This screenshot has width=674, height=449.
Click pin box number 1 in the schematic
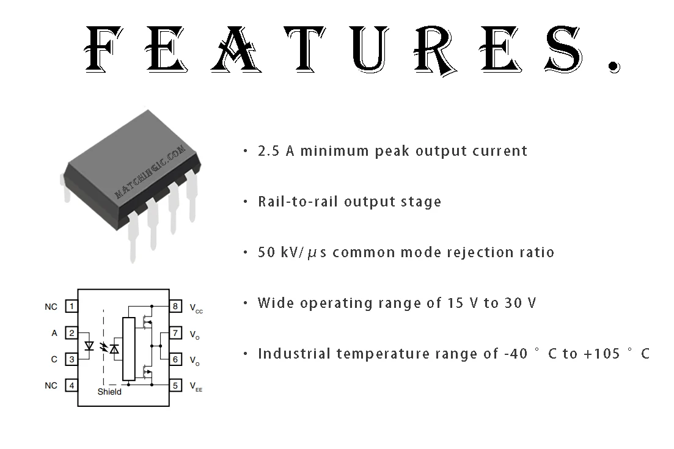click(71, 306)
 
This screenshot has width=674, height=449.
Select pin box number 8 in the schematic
click(175, 306)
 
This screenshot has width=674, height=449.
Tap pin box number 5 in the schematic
click(175, 385)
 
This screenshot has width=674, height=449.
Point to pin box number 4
click(71, 385)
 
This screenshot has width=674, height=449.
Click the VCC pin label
click(196, 308)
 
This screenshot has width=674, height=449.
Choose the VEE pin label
click(196, 387)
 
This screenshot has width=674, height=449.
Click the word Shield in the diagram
click(109, 392)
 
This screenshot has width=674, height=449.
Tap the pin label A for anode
click(54, 333)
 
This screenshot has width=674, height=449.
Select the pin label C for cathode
click(54, 359)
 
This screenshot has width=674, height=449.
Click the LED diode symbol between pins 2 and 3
click(89, 346)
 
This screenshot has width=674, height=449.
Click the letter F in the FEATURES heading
click(103, 48)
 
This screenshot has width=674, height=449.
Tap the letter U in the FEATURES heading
click(370, 48)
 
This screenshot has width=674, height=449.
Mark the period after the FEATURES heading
click(615, 67)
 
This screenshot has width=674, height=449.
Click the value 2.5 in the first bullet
click(268, 151)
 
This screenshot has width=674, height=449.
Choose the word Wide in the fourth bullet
click(276, 303)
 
